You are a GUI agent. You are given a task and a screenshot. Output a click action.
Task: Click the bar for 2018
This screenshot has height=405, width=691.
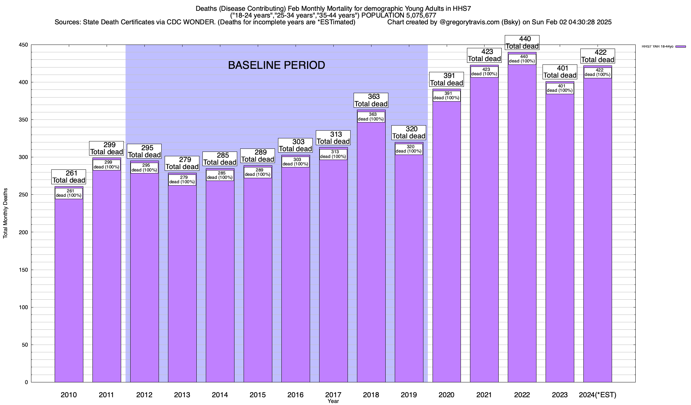coord(371,253)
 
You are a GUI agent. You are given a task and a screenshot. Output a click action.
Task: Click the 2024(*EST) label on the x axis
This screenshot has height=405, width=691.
coord(597,395)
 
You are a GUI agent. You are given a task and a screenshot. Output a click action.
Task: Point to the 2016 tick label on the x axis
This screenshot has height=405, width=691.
coord(295,395)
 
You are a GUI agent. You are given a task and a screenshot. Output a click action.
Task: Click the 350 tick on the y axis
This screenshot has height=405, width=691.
coord(24,120)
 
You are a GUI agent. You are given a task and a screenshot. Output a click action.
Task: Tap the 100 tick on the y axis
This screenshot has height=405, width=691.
coord(24,307)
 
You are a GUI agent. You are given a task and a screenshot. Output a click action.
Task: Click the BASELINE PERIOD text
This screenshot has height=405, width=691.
coord(276,65)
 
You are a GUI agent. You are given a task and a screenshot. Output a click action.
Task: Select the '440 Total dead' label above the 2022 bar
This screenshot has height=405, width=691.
coord(522,43)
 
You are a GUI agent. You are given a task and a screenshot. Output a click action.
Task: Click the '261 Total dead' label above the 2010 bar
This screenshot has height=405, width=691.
coord(69,177)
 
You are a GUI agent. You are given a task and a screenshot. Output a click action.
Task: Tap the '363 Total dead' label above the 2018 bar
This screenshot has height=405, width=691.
coord(371,101)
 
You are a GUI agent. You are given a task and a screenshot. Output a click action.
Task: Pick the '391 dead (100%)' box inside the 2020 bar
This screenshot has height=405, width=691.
coord(447,96)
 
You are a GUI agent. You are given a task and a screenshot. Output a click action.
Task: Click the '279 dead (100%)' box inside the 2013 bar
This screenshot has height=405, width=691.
coord(182,180)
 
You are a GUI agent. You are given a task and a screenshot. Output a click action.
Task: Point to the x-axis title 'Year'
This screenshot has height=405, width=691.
coord(333,401)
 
